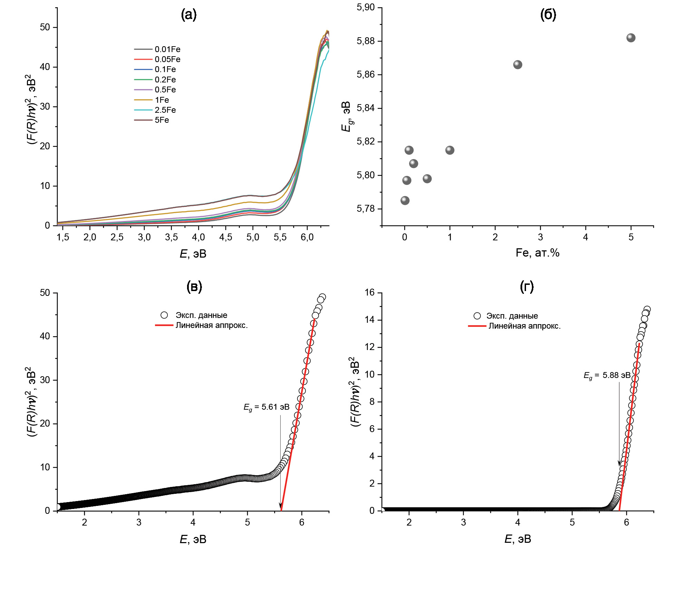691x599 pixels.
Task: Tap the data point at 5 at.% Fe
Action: point(631,38)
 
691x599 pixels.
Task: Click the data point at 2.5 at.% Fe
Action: point(517,65)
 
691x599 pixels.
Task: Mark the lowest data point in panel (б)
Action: point(405,201)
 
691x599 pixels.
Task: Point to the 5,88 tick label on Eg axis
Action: point(366,41)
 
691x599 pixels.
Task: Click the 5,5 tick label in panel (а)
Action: point(280,237)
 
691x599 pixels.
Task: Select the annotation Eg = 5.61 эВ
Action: point(266,407)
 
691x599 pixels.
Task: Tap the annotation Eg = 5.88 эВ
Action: point(607,376)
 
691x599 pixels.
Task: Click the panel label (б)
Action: point(548,14)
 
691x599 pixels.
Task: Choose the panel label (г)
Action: point(527,287)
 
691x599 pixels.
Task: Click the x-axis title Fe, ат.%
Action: point(537,253)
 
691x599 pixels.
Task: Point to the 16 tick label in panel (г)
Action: point(369,293)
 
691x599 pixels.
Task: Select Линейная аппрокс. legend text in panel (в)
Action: point(212,325)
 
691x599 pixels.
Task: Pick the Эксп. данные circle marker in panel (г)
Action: point(477,316)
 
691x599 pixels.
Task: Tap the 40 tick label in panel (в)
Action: point(45,336)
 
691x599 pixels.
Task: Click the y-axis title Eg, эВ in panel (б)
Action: point(346,117)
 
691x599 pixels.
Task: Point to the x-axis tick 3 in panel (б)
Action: point(540,237)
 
